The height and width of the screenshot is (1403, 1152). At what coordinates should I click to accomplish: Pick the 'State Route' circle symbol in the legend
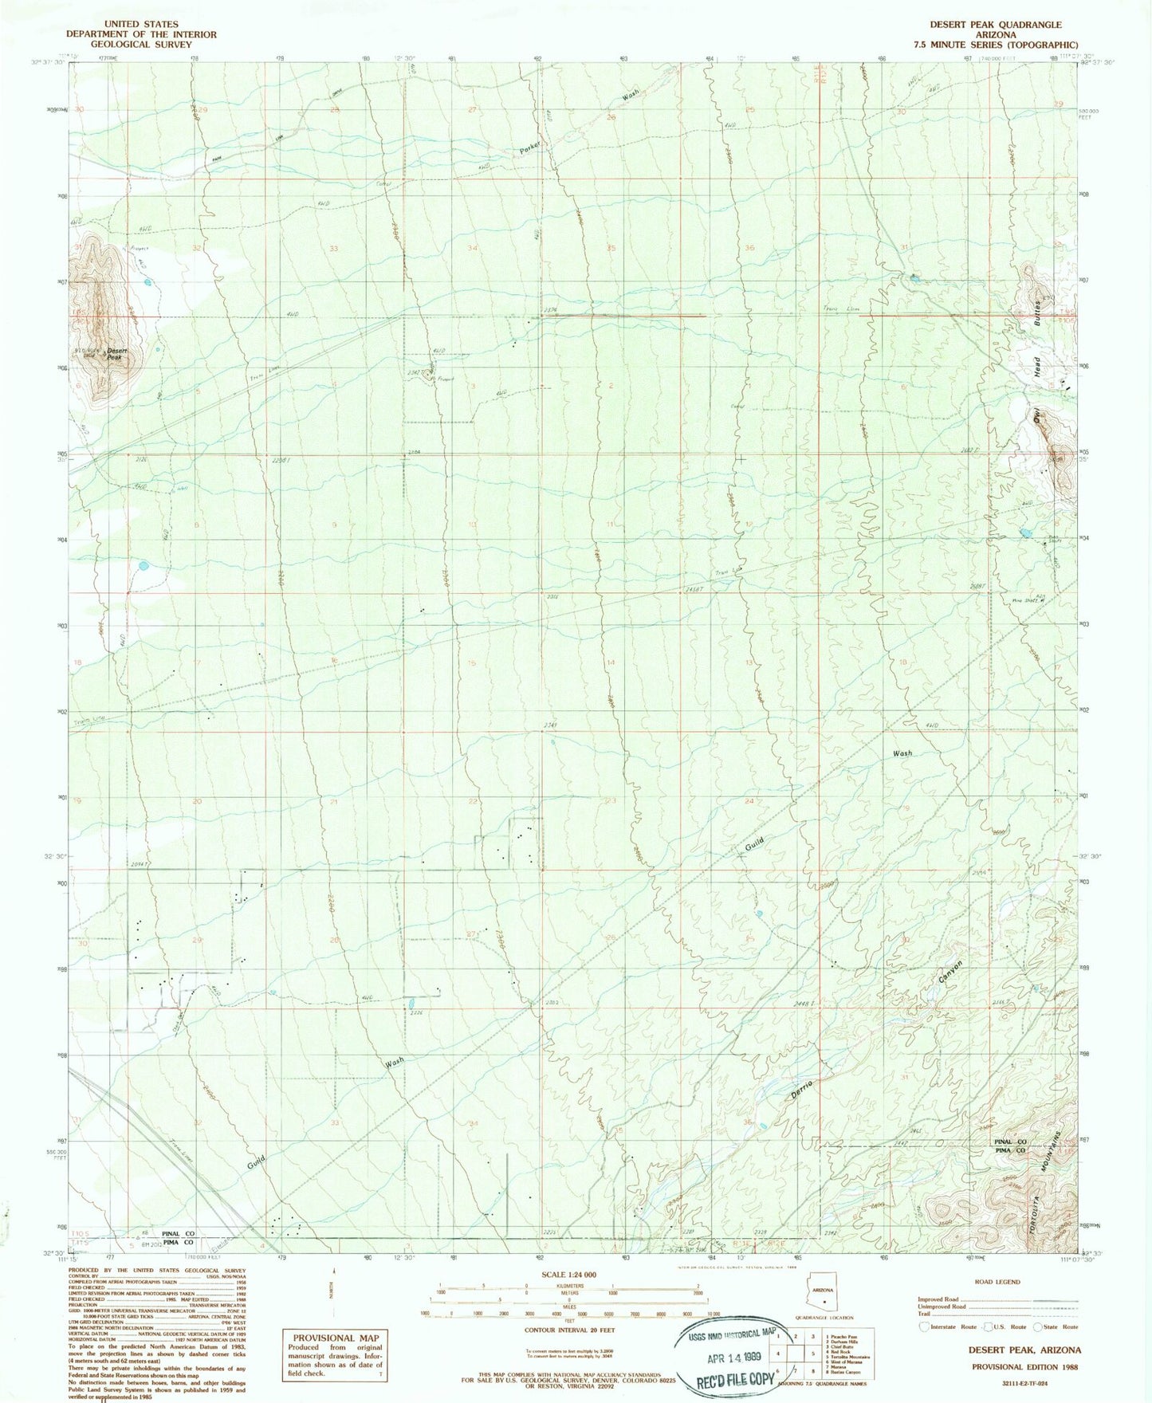[x=1037, y=1326]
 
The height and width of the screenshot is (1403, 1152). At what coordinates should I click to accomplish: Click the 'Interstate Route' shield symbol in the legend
[x=925, y=1326]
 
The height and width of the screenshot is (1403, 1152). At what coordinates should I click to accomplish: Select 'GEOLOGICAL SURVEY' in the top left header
[x=141, y=45]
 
